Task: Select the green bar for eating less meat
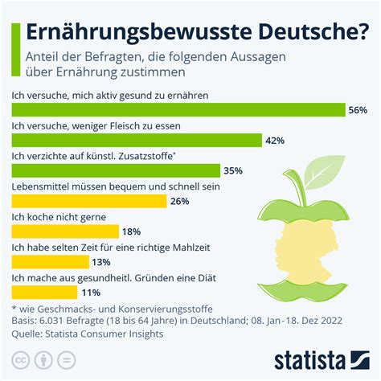coord(137,141)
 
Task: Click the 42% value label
coord(276,141)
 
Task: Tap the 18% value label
coord(132,231)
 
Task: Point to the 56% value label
coord(358,110)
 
